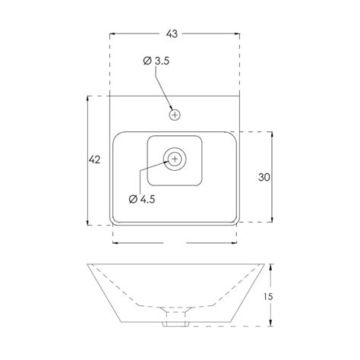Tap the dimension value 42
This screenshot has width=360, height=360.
94,159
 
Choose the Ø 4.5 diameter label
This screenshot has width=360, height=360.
142,199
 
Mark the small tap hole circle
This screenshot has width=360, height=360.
175,115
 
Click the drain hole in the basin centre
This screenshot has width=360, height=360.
175,159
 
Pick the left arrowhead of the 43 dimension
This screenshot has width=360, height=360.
114,34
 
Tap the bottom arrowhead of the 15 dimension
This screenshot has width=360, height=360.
273,324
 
